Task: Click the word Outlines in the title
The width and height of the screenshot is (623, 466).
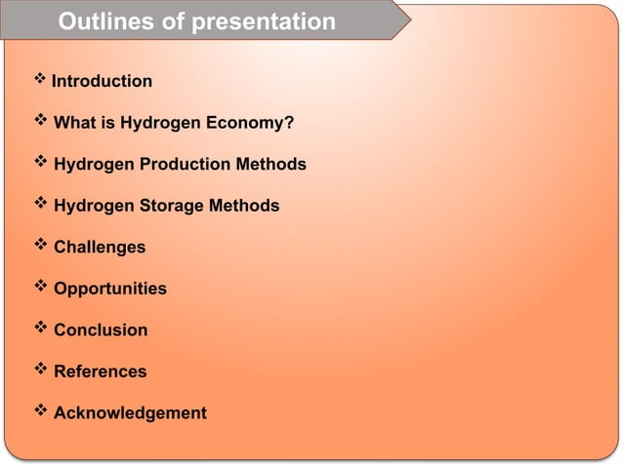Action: point(105,21)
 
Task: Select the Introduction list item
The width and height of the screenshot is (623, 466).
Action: point(102,81)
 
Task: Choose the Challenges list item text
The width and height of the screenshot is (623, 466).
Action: point(100,248)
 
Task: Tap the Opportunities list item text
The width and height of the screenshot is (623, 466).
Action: point(110,289)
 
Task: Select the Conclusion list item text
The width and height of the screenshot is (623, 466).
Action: point(101,330)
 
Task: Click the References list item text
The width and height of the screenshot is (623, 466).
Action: point(101,371)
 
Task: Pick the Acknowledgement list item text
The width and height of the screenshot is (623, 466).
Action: point(130,413)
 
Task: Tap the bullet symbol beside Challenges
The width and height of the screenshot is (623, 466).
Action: point(41,247)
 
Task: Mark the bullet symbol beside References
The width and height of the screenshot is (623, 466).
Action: point(41,370)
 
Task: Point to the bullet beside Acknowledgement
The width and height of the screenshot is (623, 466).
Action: point(41,412)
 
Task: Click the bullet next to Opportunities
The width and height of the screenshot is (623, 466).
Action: point(41,288)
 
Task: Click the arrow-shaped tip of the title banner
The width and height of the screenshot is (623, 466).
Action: point(400,20)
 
